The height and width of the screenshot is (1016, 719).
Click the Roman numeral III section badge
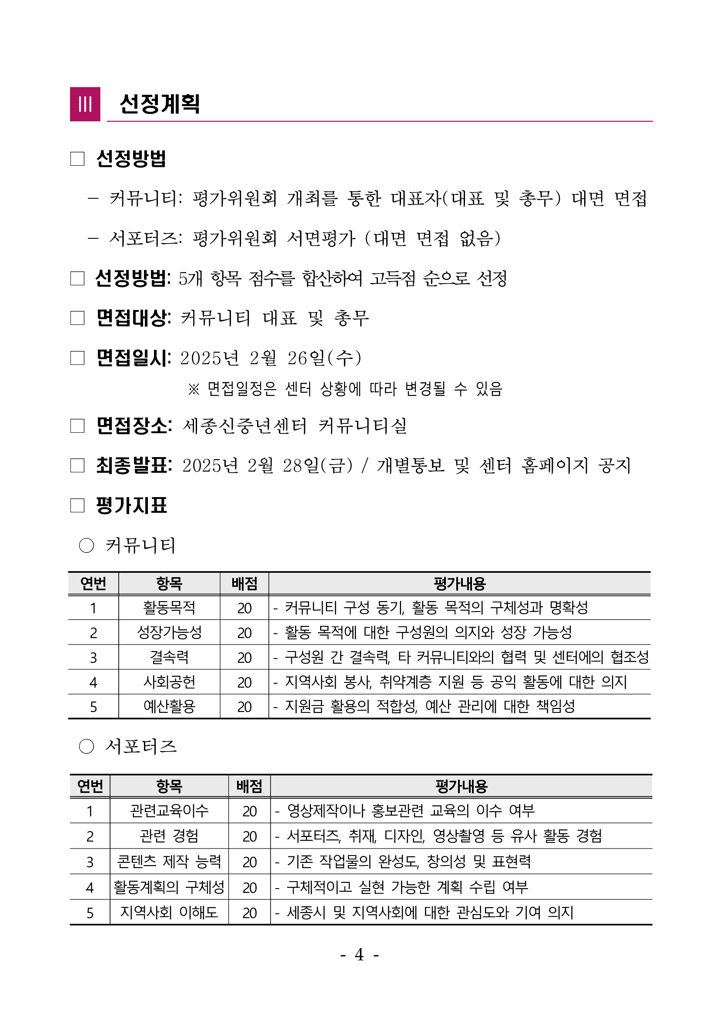pos(85,104)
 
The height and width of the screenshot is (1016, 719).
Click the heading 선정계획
pos(160,104)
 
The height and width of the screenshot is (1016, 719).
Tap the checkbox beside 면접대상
pos(77,318)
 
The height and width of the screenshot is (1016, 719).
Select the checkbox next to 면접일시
pos(77,358)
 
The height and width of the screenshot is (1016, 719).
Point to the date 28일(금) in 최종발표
pos(318,465)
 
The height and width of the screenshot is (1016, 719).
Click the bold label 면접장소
pos(134,426)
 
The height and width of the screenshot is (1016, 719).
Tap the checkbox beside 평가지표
pos(77,505)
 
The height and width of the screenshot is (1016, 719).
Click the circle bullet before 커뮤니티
pos(86,545)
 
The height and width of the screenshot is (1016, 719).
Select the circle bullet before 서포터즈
pos(86,746)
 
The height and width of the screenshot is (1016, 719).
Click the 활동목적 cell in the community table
pos(169,608)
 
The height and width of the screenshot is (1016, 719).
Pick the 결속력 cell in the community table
pos(169,657)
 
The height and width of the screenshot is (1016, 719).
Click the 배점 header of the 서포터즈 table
pos(249,786)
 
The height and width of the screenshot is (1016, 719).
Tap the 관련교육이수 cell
pos(169,811)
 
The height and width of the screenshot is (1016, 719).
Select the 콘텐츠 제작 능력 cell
pos(169,862)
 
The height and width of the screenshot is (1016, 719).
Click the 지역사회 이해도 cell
pos(169,912)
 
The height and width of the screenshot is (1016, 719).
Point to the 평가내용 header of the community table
pos(460,584)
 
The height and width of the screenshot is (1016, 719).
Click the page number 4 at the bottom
pos(359,955)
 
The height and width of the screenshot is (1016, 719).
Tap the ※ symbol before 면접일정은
pos(194,389)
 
